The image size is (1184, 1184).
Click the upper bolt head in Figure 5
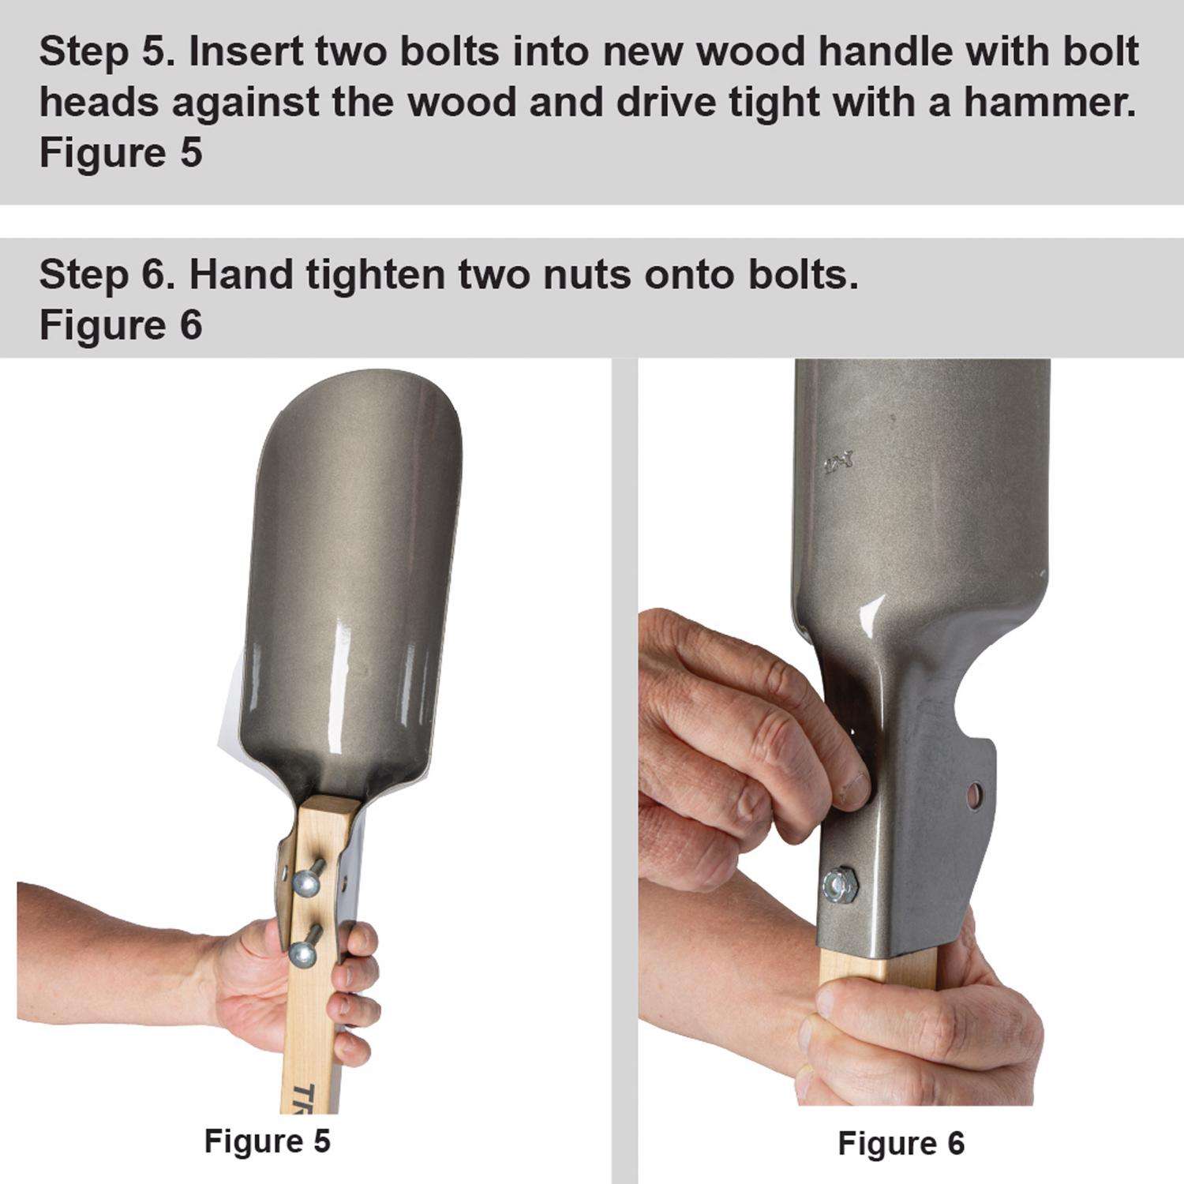306,881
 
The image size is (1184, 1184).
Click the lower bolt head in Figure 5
303,954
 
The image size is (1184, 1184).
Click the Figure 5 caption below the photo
267,1140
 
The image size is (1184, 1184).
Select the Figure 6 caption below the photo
901,1142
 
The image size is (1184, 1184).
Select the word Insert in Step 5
247,52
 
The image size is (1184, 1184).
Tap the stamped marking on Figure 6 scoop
830,464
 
